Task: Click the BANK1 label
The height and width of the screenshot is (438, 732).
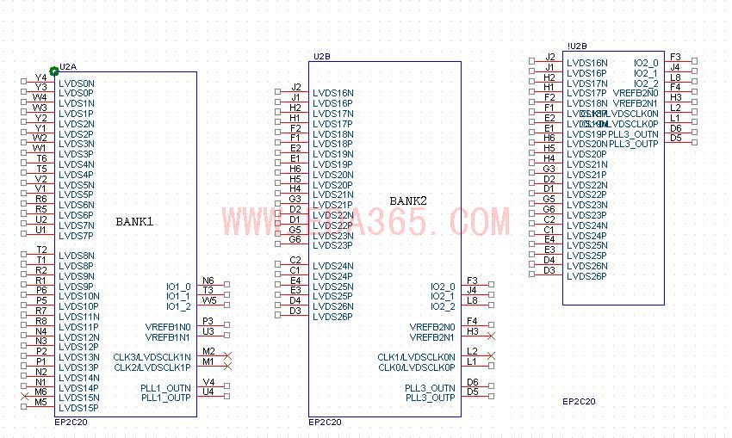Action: click(x=134, y=221)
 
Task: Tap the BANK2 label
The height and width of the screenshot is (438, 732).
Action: click(x=408, y=200)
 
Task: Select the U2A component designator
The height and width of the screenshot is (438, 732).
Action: click(x=68, y=66)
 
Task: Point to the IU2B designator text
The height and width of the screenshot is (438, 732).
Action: click(x=577, y=46)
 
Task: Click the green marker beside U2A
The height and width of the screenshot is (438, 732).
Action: click(x=54, y=71)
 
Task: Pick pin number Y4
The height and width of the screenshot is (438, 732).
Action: click(x=40, y=78)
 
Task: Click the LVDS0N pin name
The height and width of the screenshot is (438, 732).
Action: click(x=77, y=83)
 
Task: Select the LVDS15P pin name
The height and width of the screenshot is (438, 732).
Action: click(x=77, y=407)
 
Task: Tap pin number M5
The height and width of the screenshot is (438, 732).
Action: click(x=40, y=402)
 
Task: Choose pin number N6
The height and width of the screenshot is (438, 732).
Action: click(x=208, y=281)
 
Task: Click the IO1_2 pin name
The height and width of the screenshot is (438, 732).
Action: click(x=178, y=306)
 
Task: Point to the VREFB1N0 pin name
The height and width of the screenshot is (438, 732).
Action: click(x=168, y=327)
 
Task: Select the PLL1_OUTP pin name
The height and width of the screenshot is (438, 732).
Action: click(x=165, y=398)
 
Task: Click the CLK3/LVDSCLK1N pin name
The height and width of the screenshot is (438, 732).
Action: click(x=152, y=357)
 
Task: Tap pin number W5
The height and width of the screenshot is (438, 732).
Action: click(x=209, y=301)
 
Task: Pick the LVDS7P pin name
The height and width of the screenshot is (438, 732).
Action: click(x=77, y=235)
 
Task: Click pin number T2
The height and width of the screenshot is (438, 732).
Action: click(x=41, y=250)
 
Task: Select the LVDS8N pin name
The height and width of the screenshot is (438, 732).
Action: click(x=77, y=256)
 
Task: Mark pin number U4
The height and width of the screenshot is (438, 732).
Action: click(x=208, y=392)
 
